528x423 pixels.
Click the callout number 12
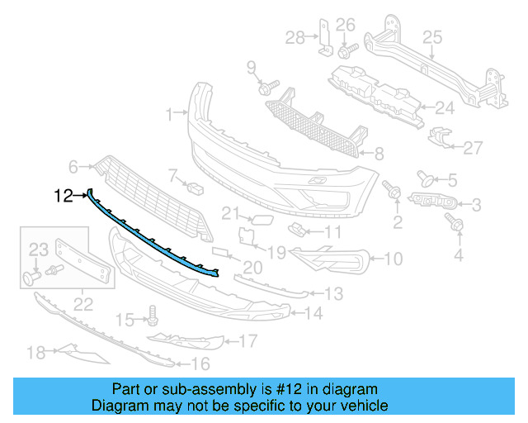coord(64,196)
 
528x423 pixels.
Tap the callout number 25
coord(433,36)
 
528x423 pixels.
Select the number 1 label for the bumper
coord(169,112)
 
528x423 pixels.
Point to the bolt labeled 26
coord(344,50)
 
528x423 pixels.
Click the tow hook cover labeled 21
coord(259,218)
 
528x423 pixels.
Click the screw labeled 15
coord(152,315)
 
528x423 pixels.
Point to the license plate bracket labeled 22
coord(82,259)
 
